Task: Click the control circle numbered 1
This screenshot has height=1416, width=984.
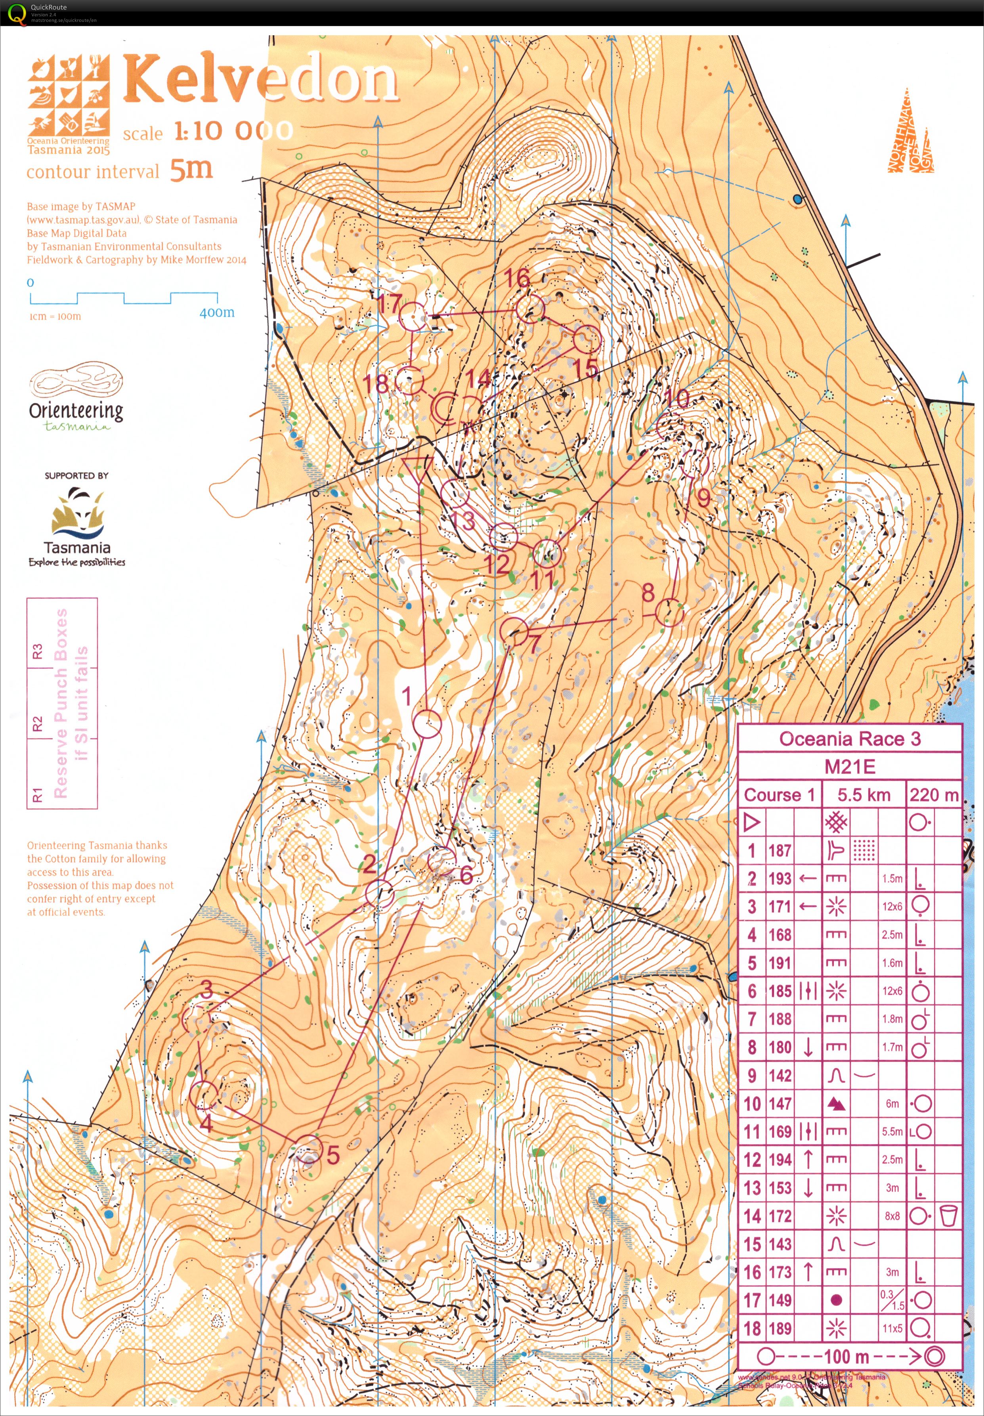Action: tap(427, 724)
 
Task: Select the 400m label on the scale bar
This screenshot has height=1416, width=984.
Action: tap(216, 313)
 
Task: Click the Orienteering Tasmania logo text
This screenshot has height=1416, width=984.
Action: tap(76, 411)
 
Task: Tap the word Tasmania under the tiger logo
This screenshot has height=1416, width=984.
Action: tap(77, 548)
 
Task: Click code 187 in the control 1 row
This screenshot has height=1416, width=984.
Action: tap(779, 851)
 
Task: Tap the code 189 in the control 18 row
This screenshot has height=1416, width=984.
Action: tap(779, 1328)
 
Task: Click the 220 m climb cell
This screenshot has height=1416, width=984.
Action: tap(933, 795)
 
